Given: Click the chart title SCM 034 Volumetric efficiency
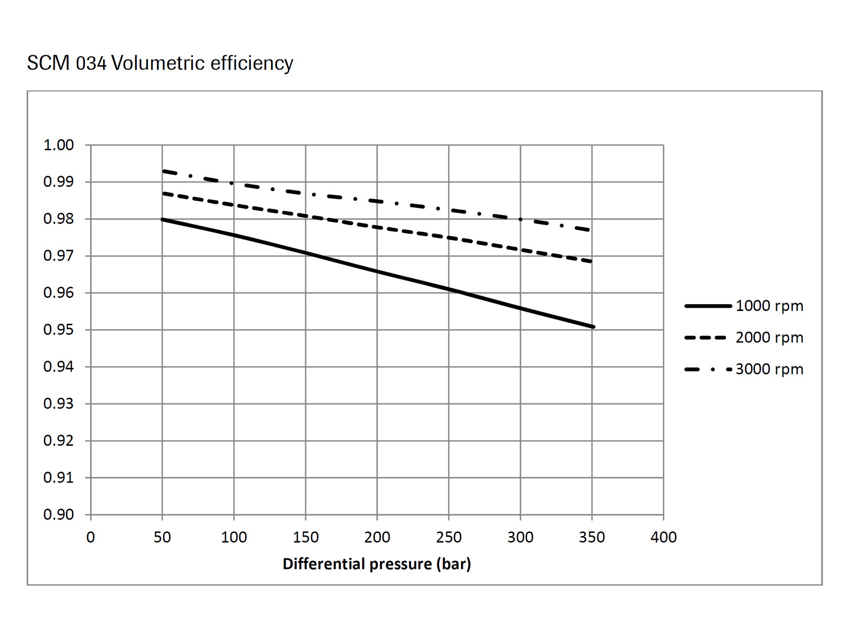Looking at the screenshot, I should point(160,63).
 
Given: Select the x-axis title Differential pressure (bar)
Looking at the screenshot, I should point(377,564).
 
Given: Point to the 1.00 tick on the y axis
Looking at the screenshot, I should point(58,145).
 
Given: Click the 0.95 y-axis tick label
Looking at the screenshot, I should point(58,330).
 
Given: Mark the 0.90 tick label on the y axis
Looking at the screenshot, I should point(58,514).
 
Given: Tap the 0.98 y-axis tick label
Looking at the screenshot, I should point(58,219).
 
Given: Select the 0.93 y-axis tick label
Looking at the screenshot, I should point(58,403).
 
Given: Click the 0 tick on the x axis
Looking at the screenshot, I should point(91,537).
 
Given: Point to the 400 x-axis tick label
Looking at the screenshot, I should point(663,537).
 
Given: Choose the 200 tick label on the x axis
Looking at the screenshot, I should point(377,537).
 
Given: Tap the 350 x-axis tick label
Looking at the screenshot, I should point(592,537).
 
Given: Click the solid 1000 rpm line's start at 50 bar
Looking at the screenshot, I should point(162,219).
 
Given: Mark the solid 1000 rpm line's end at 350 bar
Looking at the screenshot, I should point(593,326).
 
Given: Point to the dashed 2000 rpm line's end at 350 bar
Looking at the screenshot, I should point(591,261).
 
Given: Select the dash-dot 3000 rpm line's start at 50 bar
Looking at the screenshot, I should point(163,171).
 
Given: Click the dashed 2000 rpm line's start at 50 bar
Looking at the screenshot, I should point(163,193).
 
